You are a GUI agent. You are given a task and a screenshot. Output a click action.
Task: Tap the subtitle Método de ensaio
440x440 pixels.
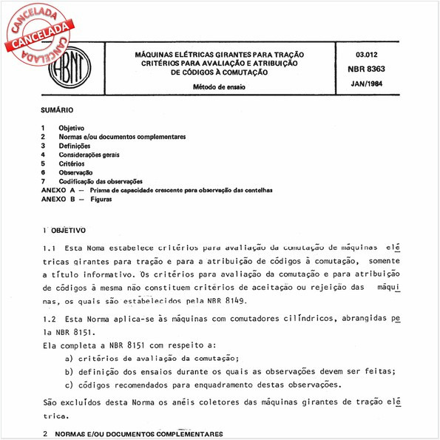point(219,87)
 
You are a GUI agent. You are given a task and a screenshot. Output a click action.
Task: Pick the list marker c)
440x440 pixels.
point(69,385)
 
